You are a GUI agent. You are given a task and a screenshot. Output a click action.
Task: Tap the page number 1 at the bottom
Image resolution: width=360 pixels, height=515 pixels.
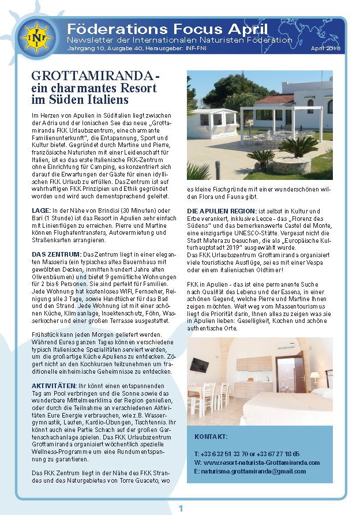[181, 508]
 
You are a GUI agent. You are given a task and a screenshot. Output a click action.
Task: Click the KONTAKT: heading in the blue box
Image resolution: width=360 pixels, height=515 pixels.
[211, 437]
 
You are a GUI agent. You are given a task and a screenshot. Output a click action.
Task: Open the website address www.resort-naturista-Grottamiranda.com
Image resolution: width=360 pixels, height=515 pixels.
[261, 463]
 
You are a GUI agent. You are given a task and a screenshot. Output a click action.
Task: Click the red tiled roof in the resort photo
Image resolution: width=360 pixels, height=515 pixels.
[274, 99]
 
